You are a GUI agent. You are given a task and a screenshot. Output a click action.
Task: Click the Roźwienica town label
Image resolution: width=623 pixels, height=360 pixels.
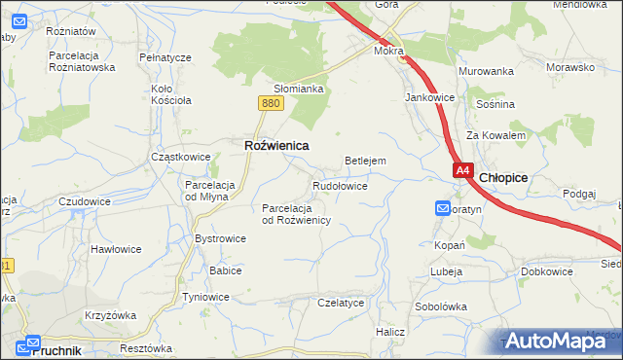(x=275, y=145)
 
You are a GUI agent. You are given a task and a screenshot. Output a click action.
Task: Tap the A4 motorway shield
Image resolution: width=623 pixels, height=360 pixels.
(x=463, y=170)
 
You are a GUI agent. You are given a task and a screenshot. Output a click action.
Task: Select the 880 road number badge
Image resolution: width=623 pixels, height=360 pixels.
(x=272, y=103)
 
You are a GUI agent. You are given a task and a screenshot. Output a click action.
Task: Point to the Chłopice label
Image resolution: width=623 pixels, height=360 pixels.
(x=503, y=177)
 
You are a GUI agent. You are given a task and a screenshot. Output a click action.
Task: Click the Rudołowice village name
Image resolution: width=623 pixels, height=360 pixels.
(x=339, y=185)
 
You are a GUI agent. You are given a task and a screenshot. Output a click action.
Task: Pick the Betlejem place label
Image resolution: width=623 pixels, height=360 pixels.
(x=366, y=161)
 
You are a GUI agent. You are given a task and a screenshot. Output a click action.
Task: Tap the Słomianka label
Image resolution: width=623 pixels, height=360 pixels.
(x=297, y=88)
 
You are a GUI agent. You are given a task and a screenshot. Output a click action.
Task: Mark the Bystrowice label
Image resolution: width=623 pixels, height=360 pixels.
(x=220, y=237)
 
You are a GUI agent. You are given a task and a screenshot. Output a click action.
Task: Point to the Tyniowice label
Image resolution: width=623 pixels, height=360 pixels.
(x=205, y=297)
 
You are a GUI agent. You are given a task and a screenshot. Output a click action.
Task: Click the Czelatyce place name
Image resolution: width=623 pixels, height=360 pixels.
(x=341, y=303)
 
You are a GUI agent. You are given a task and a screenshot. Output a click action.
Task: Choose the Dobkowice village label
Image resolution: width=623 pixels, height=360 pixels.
(x=546, y=271)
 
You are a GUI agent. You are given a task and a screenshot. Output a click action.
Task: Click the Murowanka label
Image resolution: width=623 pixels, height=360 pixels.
(x=487, y=71)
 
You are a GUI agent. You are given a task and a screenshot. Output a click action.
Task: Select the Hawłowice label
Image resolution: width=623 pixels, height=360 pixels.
(x=116, y=249)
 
